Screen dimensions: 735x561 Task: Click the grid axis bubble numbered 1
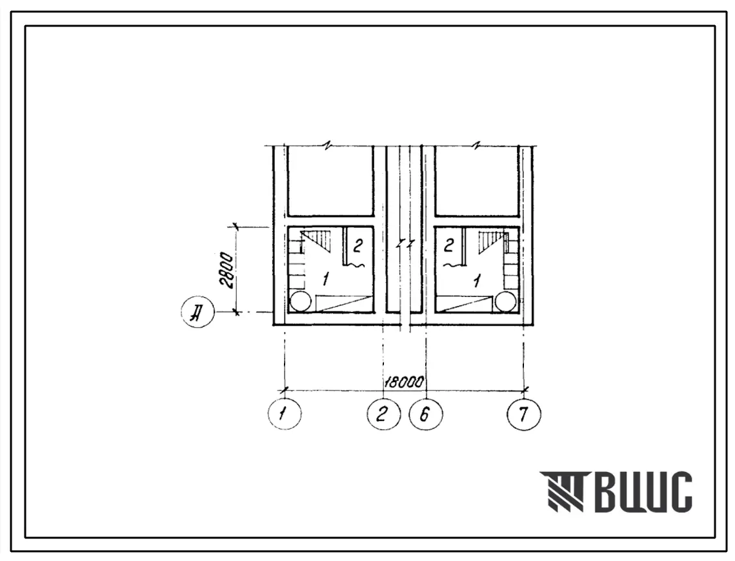pos(285,414)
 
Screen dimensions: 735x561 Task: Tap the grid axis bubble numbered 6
pos(426,414)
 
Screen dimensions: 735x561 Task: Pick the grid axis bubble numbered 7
pos(524,414)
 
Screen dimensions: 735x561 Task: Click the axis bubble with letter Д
pos(198,311)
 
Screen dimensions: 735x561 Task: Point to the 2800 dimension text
pos(227,270)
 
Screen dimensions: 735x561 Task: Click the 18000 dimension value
pos(404,382)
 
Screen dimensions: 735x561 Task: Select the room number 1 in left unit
pos(325,280)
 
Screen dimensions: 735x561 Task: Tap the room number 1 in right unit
pos(477,281)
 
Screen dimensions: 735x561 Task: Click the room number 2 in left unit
pos(358,245)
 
